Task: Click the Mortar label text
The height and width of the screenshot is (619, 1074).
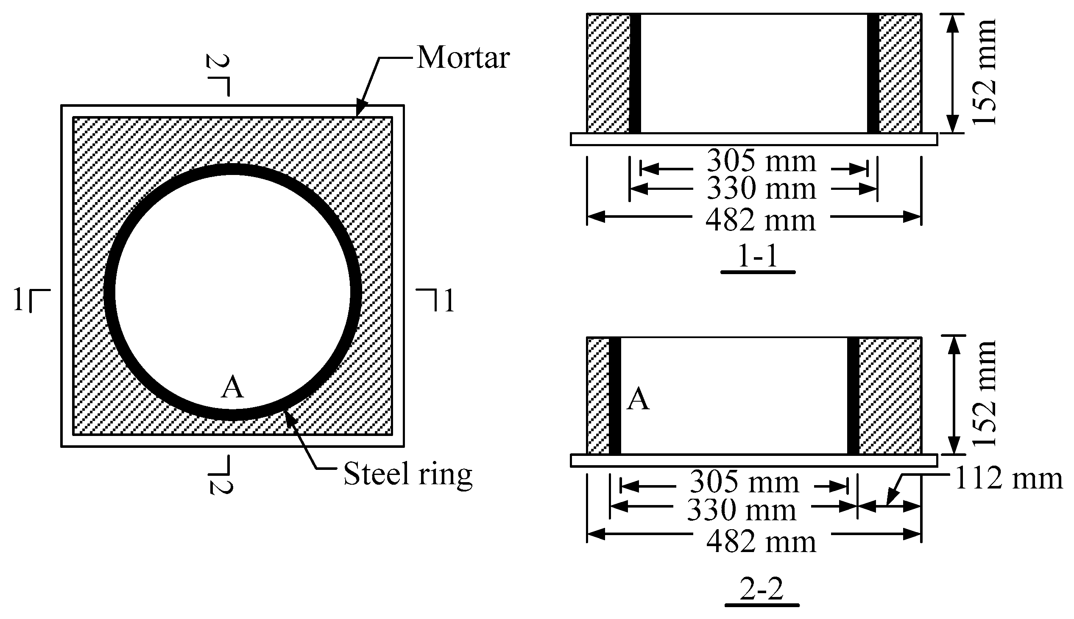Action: (x=463, y=58)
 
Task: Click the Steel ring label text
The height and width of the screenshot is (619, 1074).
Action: (x=407, y=474)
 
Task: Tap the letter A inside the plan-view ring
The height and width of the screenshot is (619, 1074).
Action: (x=232, y=388)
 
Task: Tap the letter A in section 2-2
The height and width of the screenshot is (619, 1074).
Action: (x=638, y=400)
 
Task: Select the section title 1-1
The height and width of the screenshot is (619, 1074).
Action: (x=758, y=256)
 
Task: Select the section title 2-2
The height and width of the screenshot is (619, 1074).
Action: (x=762, y=590)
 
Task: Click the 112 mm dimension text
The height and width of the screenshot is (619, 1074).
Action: (x=1008, y=479)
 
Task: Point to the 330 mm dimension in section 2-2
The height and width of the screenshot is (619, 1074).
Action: (x=742, y=510)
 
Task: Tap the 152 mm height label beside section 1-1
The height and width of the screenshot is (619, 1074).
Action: (x=984, y=72)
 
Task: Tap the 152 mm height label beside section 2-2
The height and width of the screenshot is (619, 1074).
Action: (x=984, y=394)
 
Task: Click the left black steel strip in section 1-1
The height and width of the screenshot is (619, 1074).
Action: (x=635, y=73)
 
